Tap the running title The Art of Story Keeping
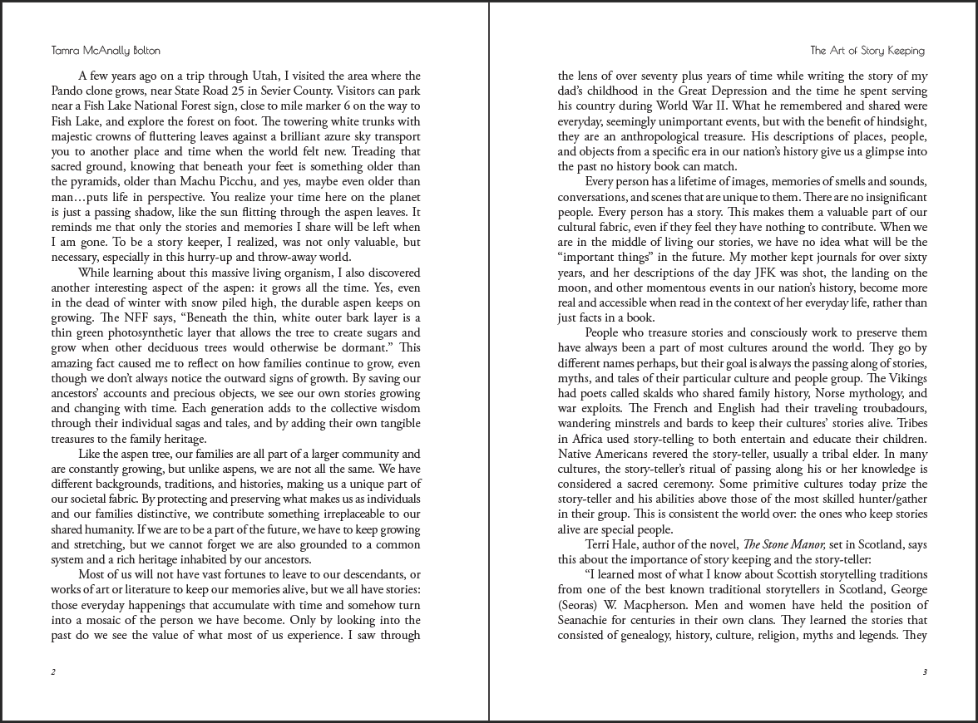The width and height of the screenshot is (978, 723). [x=867, y=50]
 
